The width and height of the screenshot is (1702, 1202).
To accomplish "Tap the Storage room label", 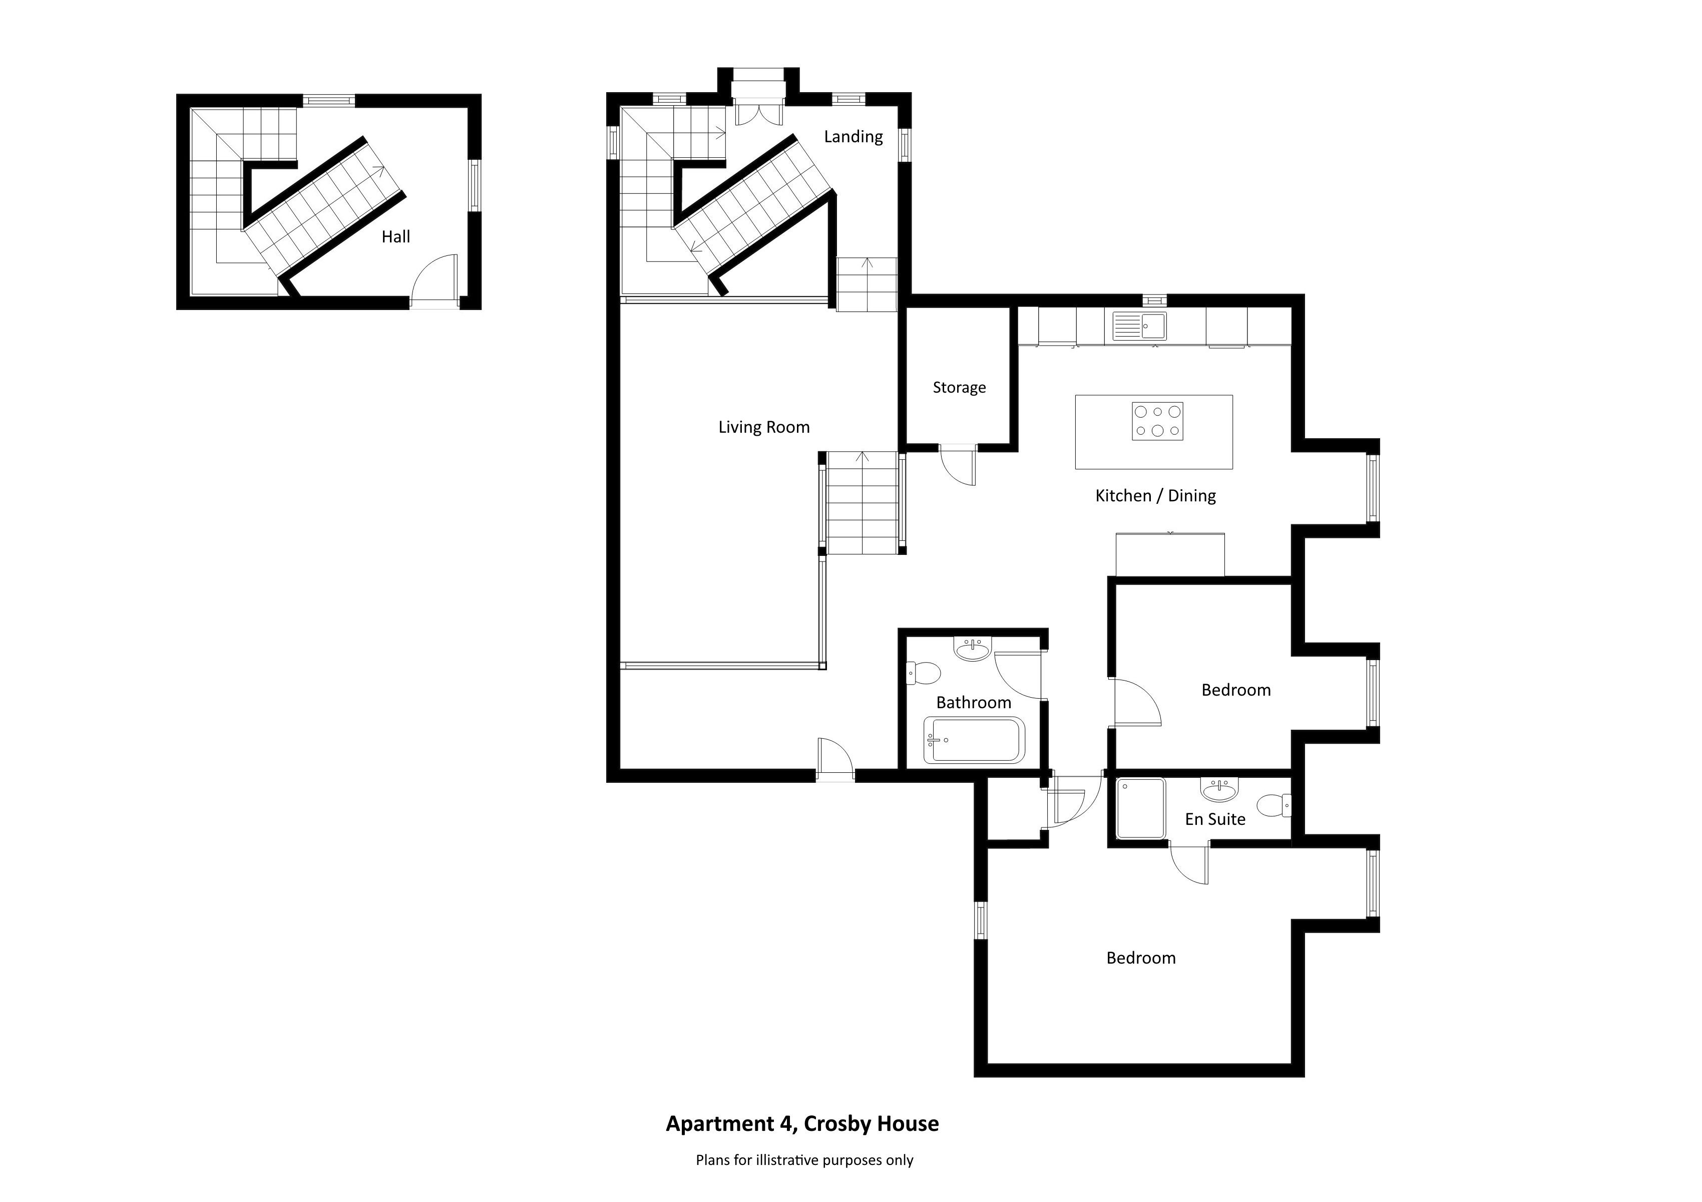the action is click(x=959, y=388).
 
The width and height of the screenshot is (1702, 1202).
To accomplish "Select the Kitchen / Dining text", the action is click(x=1156, y=496).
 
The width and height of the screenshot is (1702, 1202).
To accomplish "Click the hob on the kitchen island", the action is click(x=1157, y=421).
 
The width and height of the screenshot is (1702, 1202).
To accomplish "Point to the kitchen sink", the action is click(x=1139, y=326).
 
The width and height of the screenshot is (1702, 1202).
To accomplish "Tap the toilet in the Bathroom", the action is click(x=924, y=673).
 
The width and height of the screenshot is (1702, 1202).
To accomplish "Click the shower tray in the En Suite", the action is click(x=1141, y=808).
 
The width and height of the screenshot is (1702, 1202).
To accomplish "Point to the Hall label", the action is click(x=396, y=237).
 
